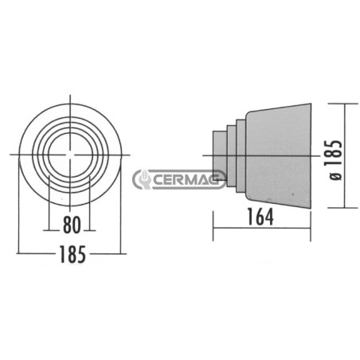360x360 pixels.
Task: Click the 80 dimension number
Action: point(72,225)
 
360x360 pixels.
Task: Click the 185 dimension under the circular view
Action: point(72,254)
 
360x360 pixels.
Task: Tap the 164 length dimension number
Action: point(260,217)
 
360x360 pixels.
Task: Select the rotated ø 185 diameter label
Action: point(333,160)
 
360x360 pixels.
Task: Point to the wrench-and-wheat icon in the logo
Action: point(143,179)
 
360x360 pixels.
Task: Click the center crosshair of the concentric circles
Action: point(70,155)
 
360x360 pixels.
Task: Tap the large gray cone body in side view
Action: point(278,155)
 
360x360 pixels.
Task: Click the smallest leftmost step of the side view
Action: point(220,155)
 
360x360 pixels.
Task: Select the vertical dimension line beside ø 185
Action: point(345,155)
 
